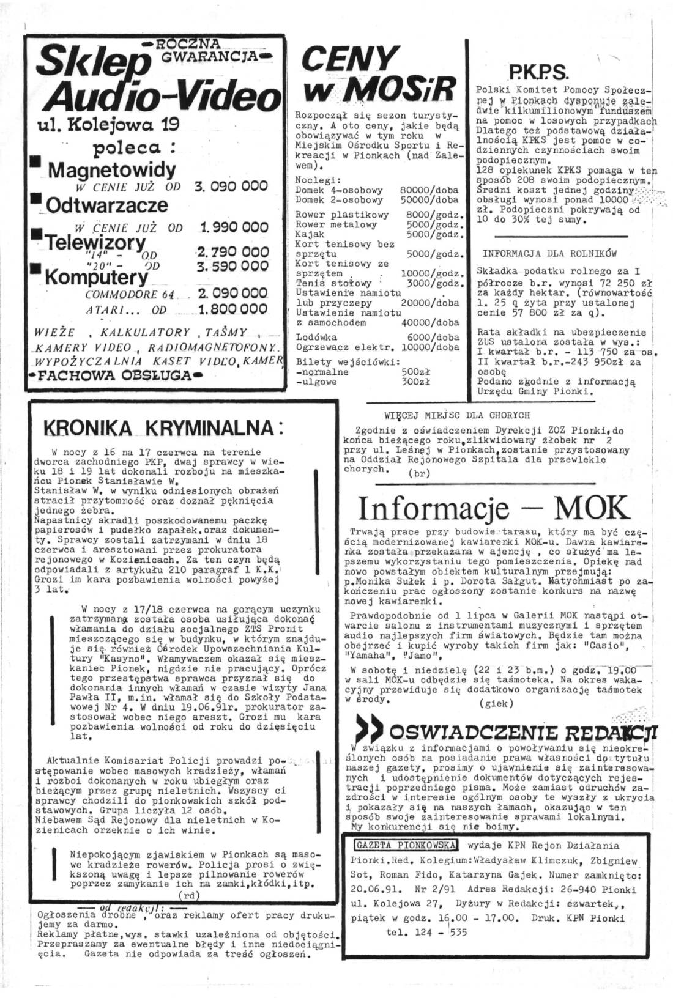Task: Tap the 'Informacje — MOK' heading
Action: pos(493,507)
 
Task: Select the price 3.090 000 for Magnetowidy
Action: pos(232,187)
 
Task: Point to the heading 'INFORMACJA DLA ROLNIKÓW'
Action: pos(550,253)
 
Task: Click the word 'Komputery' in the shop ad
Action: pos(96,277)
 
